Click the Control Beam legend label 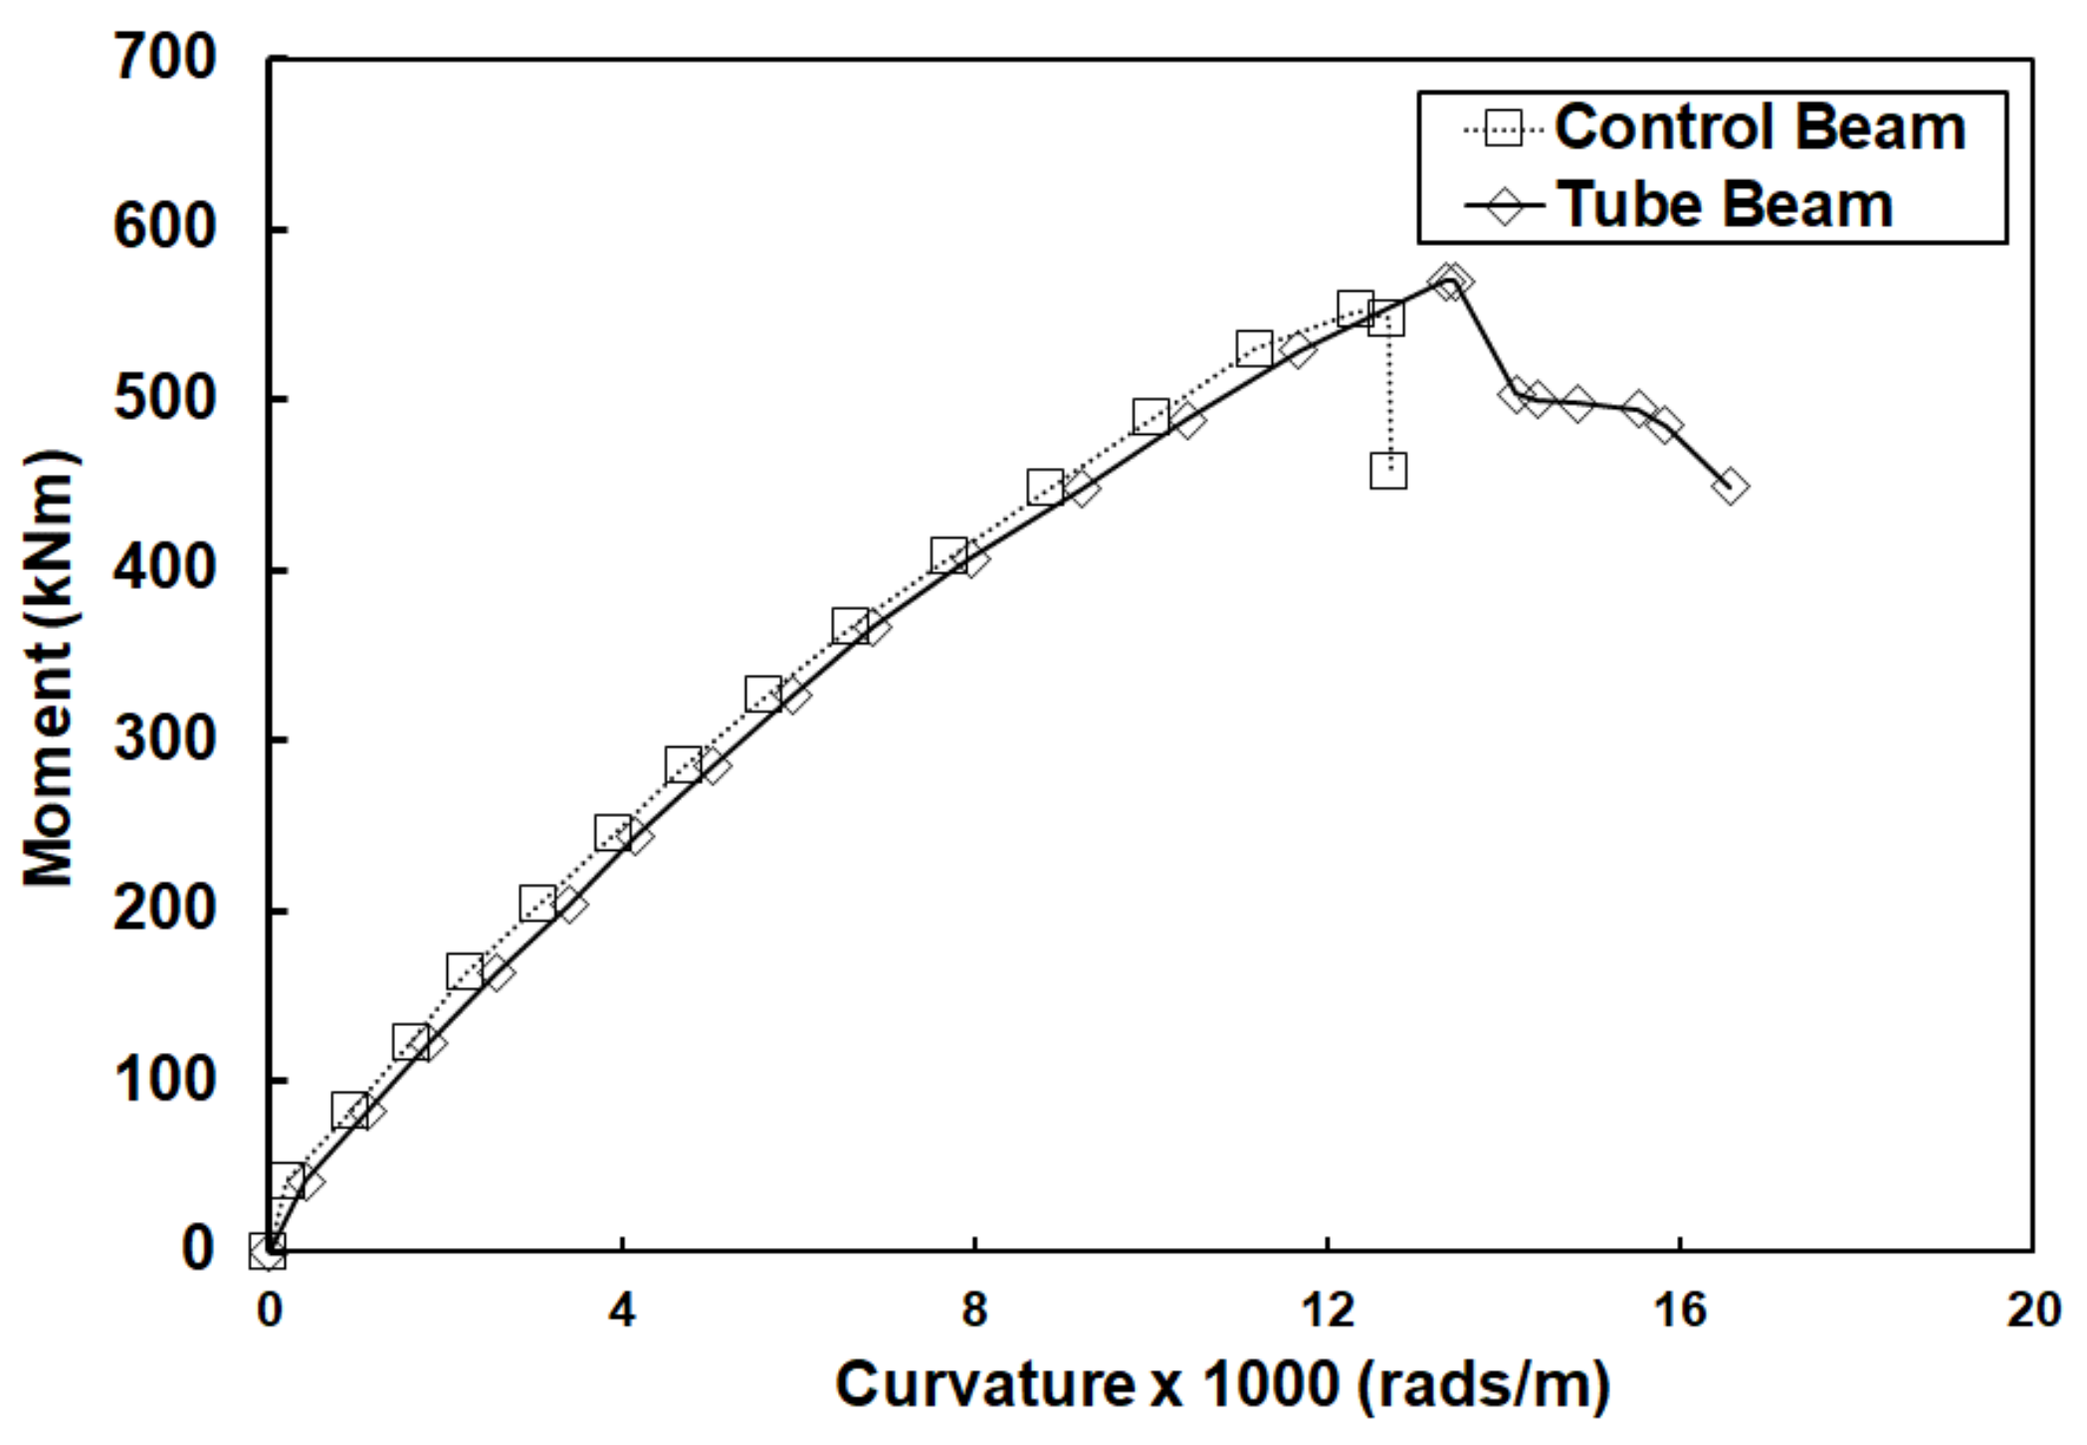[x=1759, y=128]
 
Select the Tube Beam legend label [x=1724, y=206]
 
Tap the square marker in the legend [x=1503, y=128]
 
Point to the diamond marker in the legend [x=1504, y=207]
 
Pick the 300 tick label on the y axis [x=164, y=739]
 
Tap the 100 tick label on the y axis [x=164, y=1080]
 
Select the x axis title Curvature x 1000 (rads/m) [x=1221, y=1385]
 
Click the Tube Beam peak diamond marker [x=1451, y=281]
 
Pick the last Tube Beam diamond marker [x=1730, y=487]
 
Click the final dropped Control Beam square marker [x=1388, y=471]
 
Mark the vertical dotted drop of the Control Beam [x=1389, y=398]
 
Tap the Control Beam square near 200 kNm [x=537, y=903]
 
